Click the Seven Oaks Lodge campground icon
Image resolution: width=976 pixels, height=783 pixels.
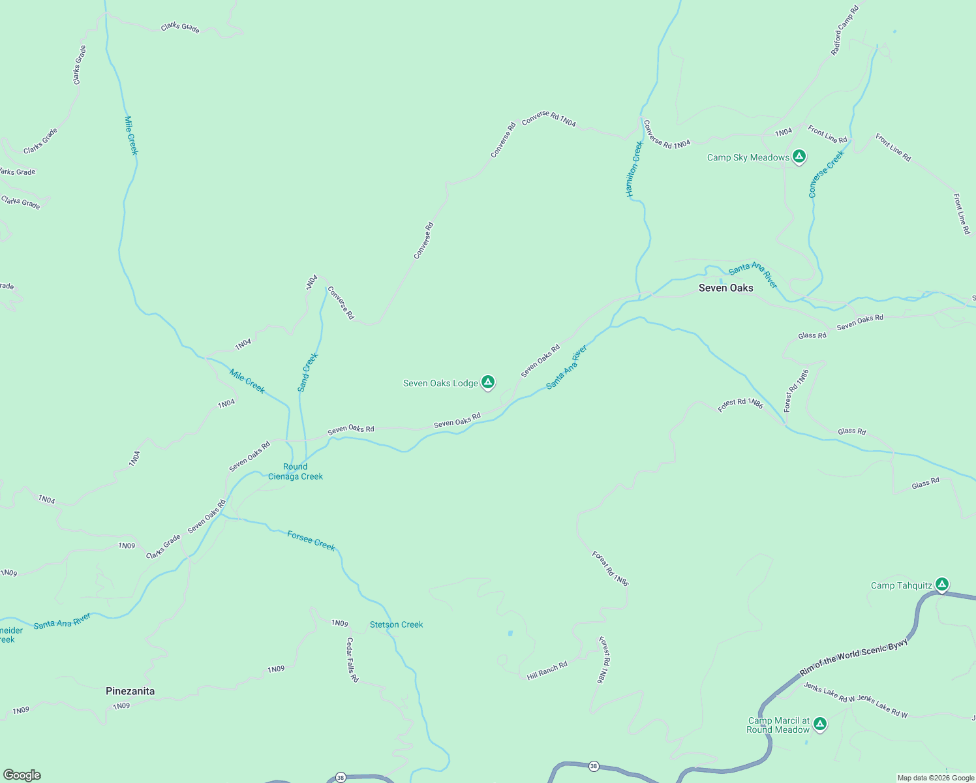tap(487, 382)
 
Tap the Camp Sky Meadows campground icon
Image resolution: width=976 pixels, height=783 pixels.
tap(799, 157)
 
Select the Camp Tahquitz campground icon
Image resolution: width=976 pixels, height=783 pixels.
tap(941, 584)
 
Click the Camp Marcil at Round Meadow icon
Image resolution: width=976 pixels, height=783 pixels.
tap(820, 724)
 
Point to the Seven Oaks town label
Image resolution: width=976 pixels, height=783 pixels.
tap(725, 288)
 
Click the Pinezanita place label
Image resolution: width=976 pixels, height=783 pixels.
tap(130, 691)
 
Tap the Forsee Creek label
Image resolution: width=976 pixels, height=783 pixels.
tap(311, 541)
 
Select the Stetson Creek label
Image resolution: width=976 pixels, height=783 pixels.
tap(396, 624)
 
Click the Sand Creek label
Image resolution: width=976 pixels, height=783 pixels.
tap(307, 373)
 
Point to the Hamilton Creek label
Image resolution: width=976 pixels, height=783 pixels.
tap(635, 169)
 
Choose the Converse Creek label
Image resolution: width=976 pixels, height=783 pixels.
tap(826, 174)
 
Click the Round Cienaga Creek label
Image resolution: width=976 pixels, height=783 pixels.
tap(296, 471)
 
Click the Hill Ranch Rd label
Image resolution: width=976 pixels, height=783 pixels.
tap(547, 671)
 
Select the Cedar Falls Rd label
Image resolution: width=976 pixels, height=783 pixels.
tap(352, 660)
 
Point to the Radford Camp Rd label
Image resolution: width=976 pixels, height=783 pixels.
tap(845, 30)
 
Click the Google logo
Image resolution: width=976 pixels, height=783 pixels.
tap(22, 775)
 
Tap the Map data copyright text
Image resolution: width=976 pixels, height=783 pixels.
tap(936, 778)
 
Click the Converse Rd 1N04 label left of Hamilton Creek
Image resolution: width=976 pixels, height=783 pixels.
tap(549, 119)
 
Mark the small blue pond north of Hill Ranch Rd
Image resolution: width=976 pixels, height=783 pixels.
tap(510, 633)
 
